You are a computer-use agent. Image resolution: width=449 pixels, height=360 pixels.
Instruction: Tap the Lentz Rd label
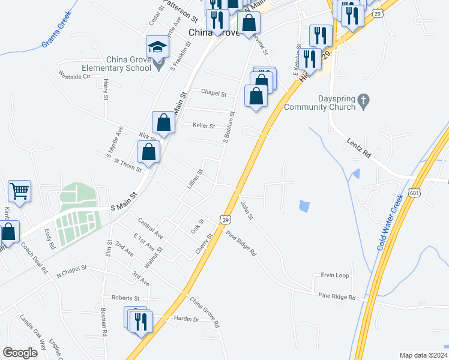360,147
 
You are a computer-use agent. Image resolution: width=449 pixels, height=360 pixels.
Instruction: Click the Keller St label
204,125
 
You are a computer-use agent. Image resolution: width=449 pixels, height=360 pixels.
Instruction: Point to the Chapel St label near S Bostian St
214,94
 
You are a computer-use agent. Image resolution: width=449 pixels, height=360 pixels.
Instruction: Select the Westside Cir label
74,76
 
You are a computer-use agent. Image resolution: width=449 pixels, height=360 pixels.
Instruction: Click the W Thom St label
127,165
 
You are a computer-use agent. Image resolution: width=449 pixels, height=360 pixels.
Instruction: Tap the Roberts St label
125,298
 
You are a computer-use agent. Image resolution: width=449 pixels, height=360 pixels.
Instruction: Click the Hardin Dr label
186,319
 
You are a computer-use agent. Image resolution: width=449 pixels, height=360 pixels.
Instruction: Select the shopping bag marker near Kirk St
163,123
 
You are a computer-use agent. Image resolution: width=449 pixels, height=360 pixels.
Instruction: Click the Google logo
20,353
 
